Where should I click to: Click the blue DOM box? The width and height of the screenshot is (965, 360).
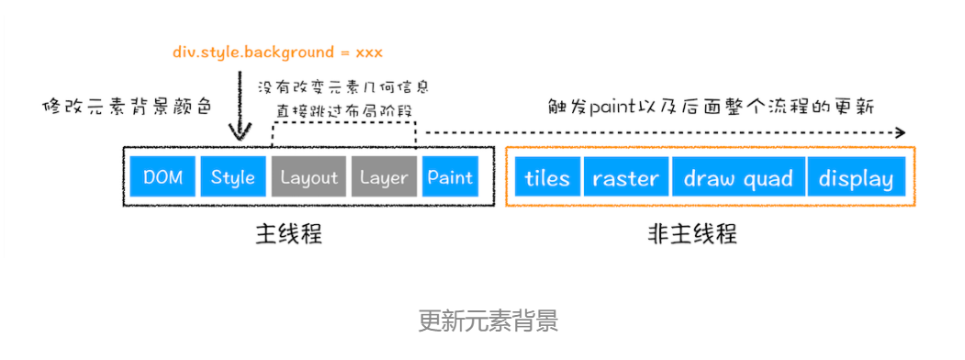pos(163,177)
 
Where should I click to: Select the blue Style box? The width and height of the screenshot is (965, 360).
pos(232,177)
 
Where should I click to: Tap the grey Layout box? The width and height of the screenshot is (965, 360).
pos(309,177)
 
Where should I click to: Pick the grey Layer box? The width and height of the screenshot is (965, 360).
pos(384,177)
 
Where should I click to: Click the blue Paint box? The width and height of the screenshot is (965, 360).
pos(450,177)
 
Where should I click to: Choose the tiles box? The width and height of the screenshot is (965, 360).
pos(547,177)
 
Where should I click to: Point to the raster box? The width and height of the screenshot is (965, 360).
pos(626,177)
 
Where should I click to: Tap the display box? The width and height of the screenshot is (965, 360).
pos(856,177)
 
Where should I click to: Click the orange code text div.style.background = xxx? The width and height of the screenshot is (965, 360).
pos(277,51)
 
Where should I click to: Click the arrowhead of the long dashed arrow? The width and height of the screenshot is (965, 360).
pos(900,132)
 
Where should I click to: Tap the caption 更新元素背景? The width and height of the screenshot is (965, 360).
pos(488,321)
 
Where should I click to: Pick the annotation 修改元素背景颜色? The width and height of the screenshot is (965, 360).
pos(129,105)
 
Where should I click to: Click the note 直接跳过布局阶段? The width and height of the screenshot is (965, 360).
pos(343,111)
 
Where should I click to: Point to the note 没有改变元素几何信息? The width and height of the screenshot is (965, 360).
pos(343,87)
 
